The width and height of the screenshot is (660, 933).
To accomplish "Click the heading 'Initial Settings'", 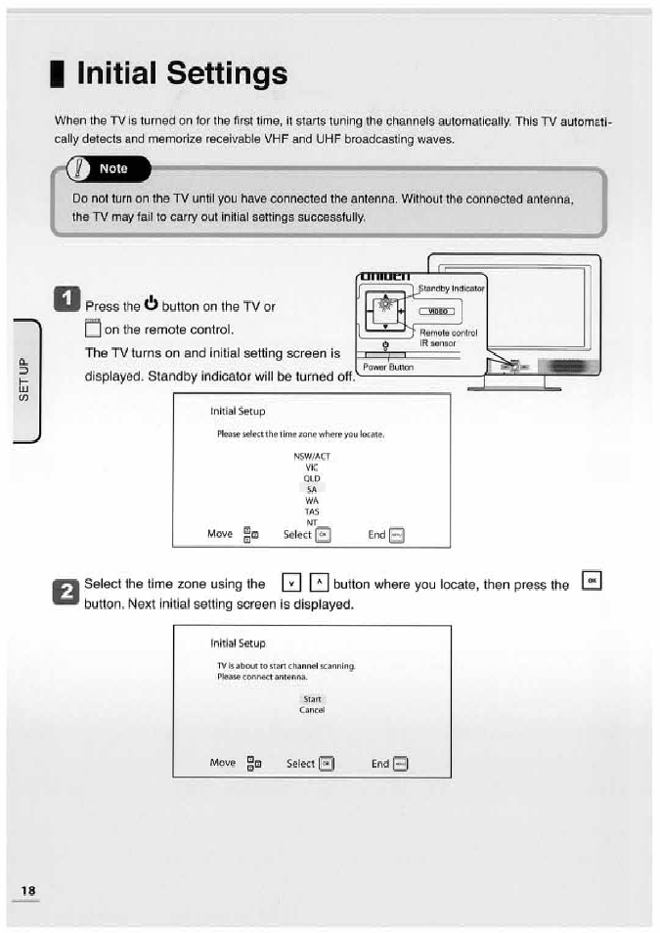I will [181, 73].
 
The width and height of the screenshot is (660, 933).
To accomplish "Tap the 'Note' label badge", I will [112, 168].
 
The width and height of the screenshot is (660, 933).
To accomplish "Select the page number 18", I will [27, 890].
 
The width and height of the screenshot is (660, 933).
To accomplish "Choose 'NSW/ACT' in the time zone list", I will [312, 457].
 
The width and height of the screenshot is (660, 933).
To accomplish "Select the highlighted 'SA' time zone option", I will [312, 489].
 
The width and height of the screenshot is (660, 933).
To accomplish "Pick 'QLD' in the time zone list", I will [312, 478].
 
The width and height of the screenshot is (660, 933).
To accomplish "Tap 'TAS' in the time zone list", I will [312, 511].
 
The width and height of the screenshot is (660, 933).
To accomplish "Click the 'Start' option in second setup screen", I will [312, 699].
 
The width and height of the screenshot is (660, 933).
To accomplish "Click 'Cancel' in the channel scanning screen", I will [312, 710].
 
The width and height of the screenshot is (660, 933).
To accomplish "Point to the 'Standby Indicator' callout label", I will [452, 289].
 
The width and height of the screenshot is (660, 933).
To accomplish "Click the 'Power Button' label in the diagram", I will [388, 368].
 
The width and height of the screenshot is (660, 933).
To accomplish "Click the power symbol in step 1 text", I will [151, 299].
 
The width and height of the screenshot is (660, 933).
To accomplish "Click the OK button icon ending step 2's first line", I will [592, 581].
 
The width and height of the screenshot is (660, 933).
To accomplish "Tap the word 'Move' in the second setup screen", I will [222, 763].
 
